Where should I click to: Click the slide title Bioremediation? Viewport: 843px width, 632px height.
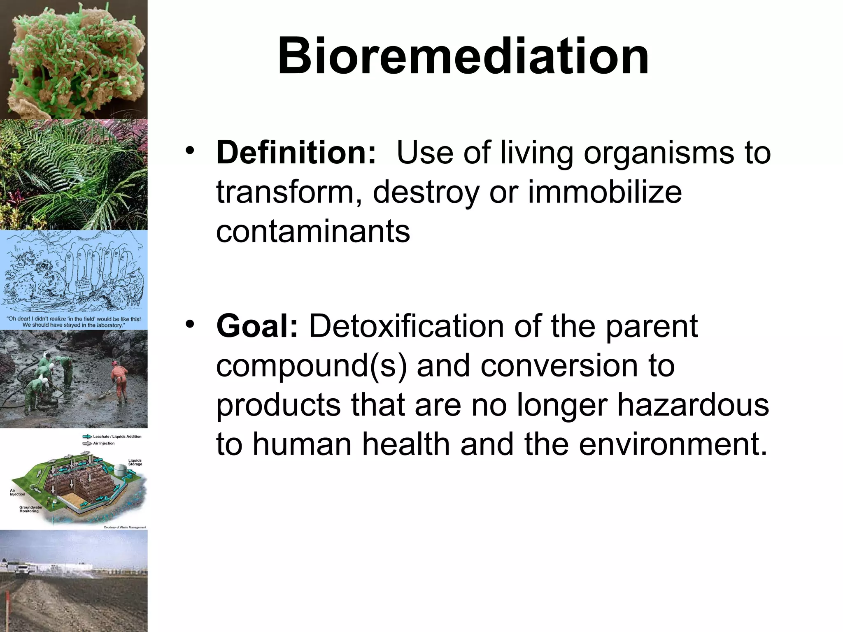pyautogui.click(x=463, y=56)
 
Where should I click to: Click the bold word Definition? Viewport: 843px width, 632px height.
pyautogui.click(x=296, y=153)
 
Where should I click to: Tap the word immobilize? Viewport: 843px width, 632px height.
pyautogui.click(x=605, y=192)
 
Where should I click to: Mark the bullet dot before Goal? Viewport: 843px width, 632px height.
pyautogui.click(x=189, y=324)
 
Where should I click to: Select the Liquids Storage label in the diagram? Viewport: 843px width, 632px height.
pyautogui.click(x=135, y=462)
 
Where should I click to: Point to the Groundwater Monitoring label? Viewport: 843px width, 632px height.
pyautogui.click(x=30, y=509)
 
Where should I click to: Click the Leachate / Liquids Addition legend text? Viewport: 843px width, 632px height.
pyautogui.click(x=117, y=437)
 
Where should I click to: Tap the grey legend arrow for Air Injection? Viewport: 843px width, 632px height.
pyautogui.click(x=87, y=444)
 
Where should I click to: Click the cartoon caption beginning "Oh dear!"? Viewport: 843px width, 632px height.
pyautogui.click(x=74, y=322)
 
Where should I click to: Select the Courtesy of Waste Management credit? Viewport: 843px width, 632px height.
pyautogui.click(x=125, y=527)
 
